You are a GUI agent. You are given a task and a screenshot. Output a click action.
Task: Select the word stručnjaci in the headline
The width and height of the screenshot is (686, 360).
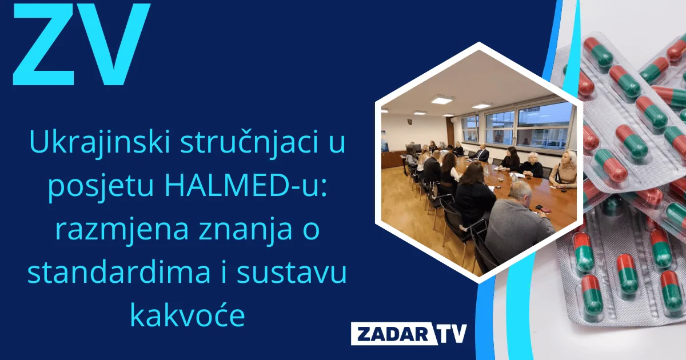[246, 143]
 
